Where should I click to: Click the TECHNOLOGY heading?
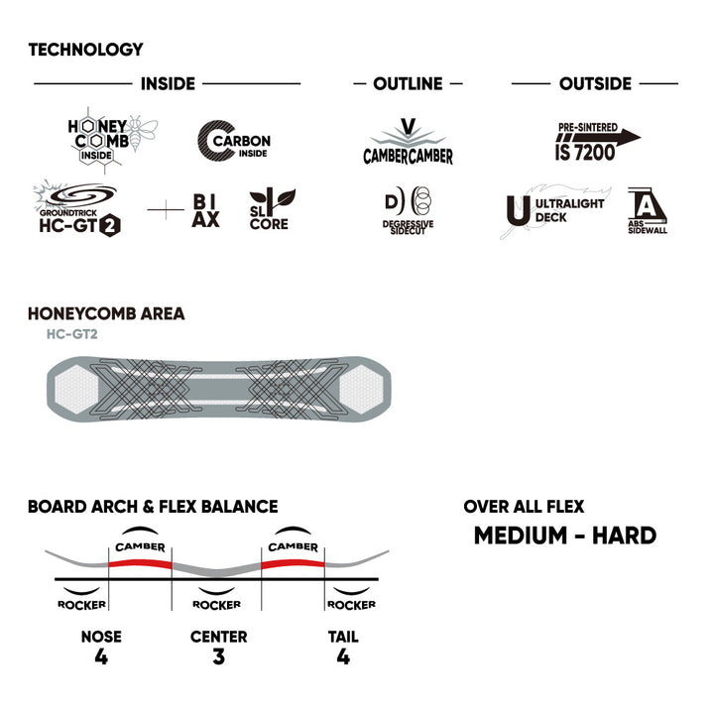click(85, 50)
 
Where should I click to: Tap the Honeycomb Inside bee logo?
click(112, 140)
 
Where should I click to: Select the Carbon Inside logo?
click(234, 141)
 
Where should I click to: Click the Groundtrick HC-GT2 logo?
click(77, 208)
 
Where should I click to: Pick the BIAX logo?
click(205, 210)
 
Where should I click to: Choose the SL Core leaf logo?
click(272, 209)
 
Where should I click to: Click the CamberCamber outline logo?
click(408, 142)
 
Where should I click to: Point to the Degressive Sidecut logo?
click(408, 210)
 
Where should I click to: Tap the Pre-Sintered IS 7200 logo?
click(597, 141)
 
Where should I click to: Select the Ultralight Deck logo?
click(555, 211)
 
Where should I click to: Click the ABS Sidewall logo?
click(647, 210)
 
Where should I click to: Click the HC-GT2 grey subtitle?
click(72, 334)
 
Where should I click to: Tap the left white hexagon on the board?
click(76, 390)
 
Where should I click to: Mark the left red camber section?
click(140, 563)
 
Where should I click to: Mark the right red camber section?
click(293, 563)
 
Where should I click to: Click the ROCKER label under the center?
click(217, 605)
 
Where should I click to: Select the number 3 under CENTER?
click(218, 656)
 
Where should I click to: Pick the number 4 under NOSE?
click(101, 656)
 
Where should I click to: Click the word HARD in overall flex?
click(624, 535)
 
